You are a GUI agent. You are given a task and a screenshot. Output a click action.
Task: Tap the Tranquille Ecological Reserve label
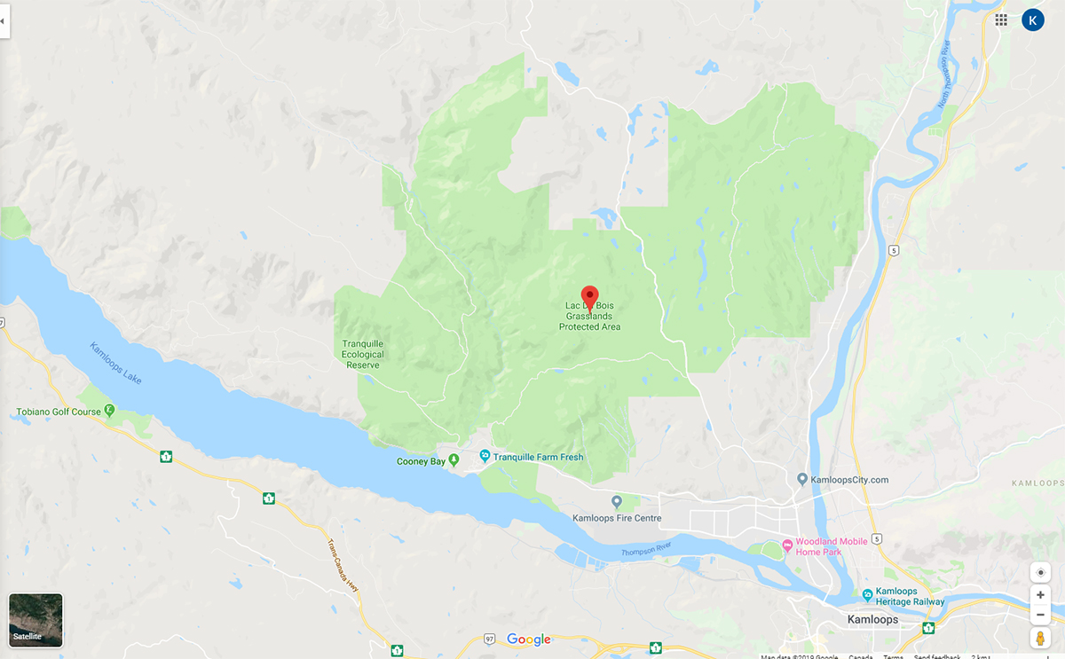pyautogui.click(x=363, y=355)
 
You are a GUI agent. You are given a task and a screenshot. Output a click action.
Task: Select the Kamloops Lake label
pyautogui.click(x=115, y=363)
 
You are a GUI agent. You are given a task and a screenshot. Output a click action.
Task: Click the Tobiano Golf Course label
pyautogui.click(x=59, y=412)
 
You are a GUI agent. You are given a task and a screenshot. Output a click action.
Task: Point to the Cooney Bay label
pyautogui.click(x=422, y=461)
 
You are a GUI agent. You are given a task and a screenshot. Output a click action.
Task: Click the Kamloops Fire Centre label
pyautogui.click(x=617, y=518)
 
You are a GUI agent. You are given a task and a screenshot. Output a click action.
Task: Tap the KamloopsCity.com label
pyautogui.click(x=848, y=480)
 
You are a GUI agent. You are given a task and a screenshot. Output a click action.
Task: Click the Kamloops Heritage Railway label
pyautogui.click(x=910, y=596)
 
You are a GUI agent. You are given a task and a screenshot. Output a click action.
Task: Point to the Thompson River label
pyautogui.click(x=646, y=549)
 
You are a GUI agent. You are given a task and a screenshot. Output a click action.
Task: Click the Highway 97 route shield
pyautogui.click(x=489, y=639)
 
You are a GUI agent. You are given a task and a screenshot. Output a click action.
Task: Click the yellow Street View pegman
pyautogui.click(x=1040, y=638)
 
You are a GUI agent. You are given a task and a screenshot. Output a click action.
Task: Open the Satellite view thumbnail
pyautogui.click(x=35, y=619)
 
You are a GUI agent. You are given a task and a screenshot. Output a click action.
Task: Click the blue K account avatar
pyautogui.click(x=1033, y=20)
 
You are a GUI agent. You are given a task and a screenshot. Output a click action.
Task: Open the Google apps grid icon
pyautogui.click(x=1001, y=20)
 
